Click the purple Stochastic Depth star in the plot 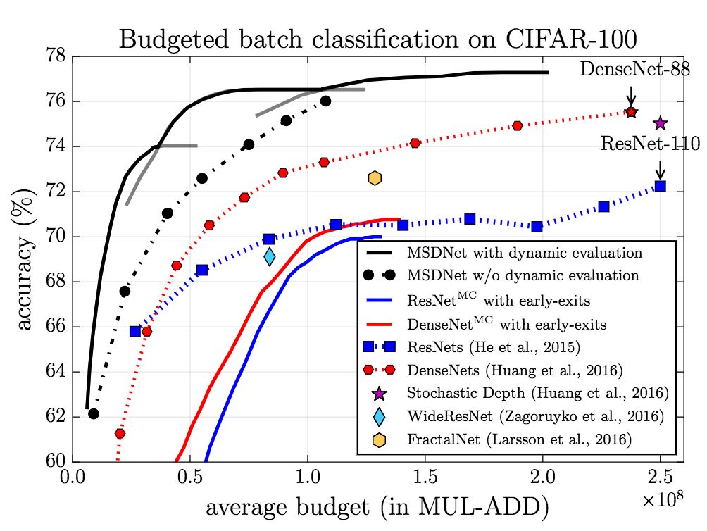pyautogui.click(x=660, y=124)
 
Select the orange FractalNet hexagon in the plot pyautogui.click(x=374, y=178)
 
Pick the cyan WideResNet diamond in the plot pyautogui.click(x=270, y=256)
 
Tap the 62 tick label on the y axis pyautogui.click(x=56, y=417)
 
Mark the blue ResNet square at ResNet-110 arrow pyautogui.click(x=660, y=187)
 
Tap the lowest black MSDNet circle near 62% pyautogui.click(x=93, y=413)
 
